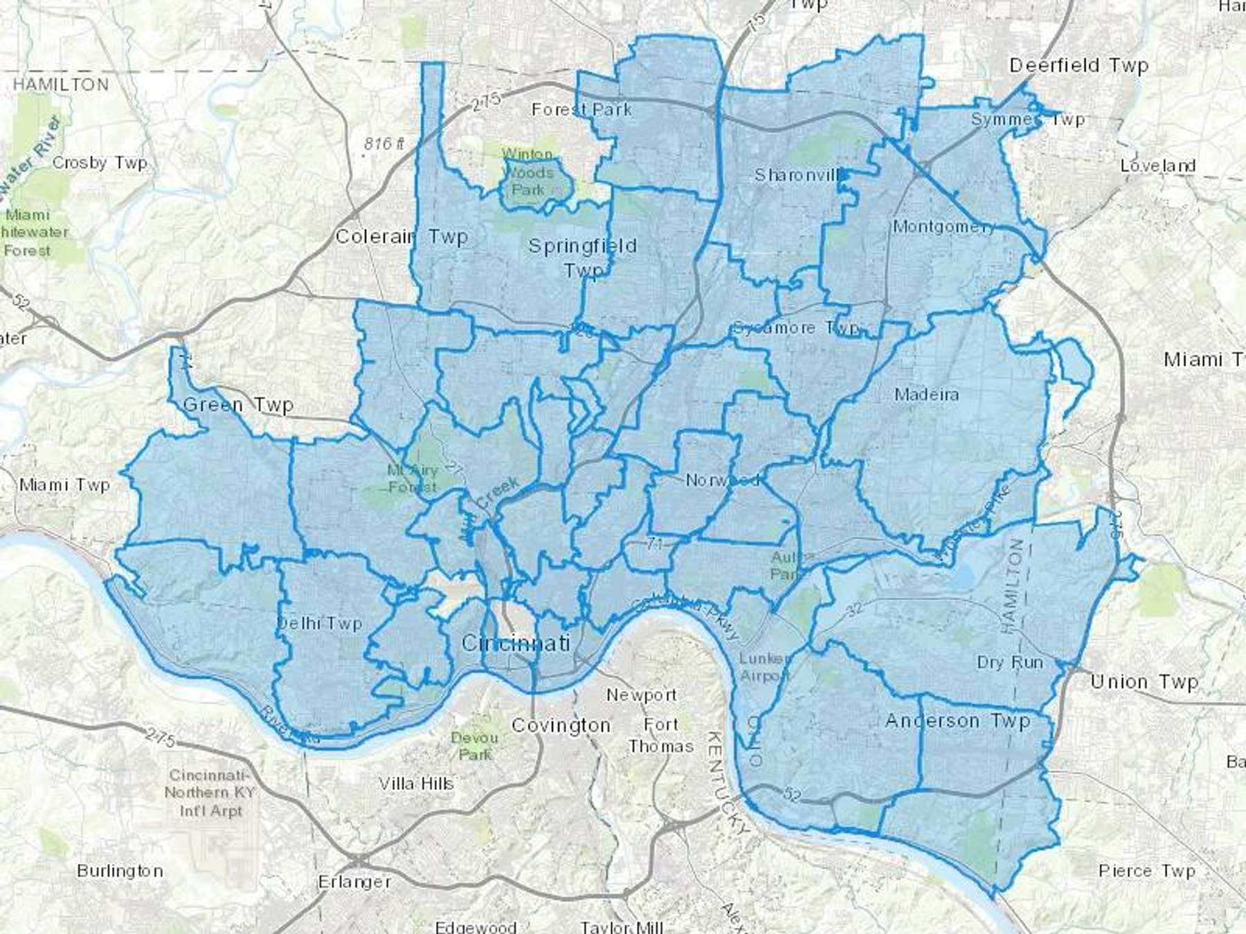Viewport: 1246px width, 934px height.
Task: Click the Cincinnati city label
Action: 515,643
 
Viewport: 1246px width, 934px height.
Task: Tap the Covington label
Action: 561,725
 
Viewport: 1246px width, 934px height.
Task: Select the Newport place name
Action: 641,695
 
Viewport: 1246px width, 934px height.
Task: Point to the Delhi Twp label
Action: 319,623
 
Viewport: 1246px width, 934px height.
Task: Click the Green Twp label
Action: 238,405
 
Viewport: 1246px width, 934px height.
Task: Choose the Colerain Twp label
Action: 401,237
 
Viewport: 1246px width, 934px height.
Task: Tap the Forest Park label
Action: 581,109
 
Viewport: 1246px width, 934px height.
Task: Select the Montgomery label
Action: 943,226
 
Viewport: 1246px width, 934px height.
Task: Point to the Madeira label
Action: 926,394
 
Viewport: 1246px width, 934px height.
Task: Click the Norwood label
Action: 722,479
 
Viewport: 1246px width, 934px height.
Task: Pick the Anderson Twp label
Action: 957,721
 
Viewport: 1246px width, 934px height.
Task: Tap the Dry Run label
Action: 1009,662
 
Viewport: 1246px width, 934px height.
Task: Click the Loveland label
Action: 1157,166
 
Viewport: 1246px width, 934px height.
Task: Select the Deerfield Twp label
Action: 1078,66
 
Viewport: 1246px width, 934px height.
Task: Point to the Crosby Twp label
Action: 100,163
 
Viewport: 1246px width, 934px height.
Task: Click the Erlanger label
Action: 354,881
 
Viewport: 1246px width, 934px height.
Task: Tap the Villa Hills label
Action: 416,783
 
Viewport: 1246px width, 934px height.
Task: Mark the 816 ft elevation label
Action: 383,143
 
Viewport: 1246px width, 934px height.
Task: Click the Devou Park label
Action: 474,746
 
